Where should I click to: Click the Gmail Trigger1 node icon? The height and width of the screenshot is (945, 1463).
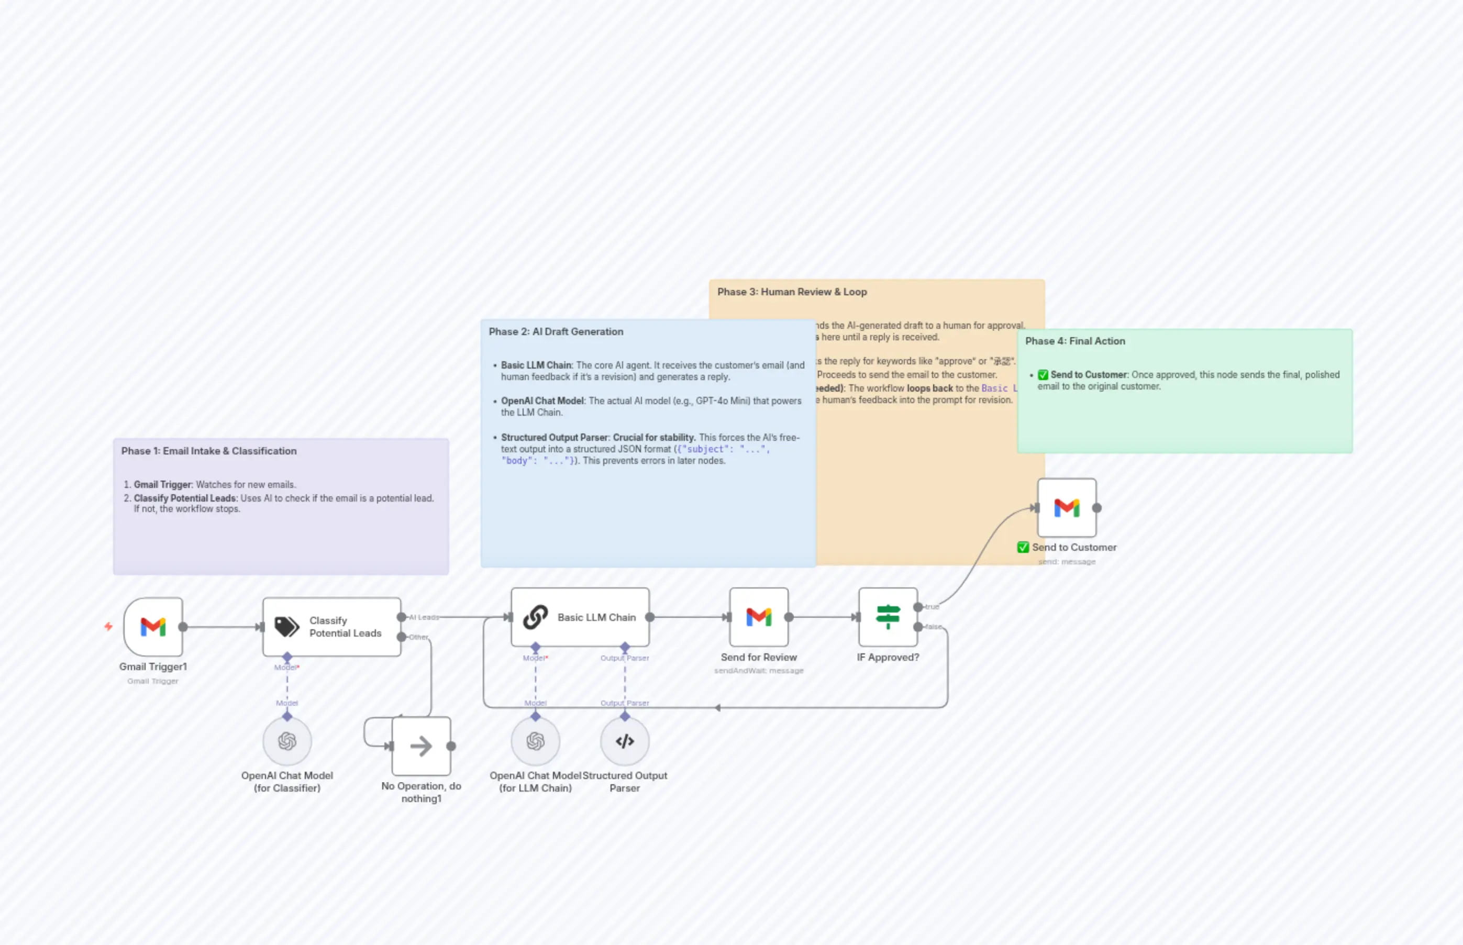[x=153, y=627]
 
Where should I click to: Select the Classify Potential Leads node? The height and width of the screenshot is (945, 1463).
[x=331, y=627]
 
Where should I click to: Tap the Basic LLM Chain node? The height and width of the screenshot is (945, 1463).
[x=580, y=617]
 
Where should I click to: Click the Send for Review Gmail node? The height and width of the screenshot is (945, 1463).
[x=759, y=617]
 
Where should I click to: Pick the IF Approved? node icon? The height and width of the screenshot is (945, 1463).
[x=888, y=617]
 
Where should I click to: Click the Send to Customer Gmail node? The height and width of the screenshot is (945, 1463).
[x=1067, y=507]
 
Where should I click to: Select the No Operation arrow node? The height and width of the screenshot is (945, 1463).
[x=421, y=746]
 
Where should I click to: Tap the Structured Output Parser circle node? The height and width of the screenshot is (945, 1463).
[x=624, y=741]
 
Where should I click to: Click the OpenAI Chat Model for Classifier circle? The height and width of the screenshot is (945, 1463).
[x=286, y=741]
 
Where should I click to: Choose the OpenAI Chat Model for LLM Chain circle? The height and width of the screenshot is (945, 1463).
[x=535, y=741]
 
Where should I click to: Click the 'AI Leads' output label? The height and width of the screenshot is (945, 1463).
[x=424, y=617]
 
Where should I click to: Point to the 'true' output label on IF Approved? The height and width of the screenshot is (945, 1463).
[x=932, y=606]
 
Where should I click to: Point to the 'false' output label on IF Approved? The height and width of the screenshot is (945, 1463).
[x=934, y=627]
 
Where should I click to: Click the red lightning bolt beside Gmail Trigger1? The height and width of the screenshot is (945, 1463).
[x=108, y=626]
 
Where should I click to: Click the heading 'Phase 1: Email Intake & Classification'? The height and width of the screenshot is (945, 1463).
[x=208, y=450]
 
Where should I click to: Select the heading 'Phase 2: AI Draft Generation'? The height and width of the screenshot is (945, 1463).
[x=556, y=331]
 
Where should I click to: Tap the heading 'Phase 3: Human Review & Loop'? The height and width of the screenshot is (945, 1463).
[x=792, y=292]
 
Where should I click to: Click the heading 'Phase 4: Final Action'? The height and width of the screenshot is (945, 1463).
[x=1074, y=341]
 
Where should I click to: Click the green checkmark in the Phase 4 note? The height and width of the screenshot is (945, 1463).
[x=1043, y=374]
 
